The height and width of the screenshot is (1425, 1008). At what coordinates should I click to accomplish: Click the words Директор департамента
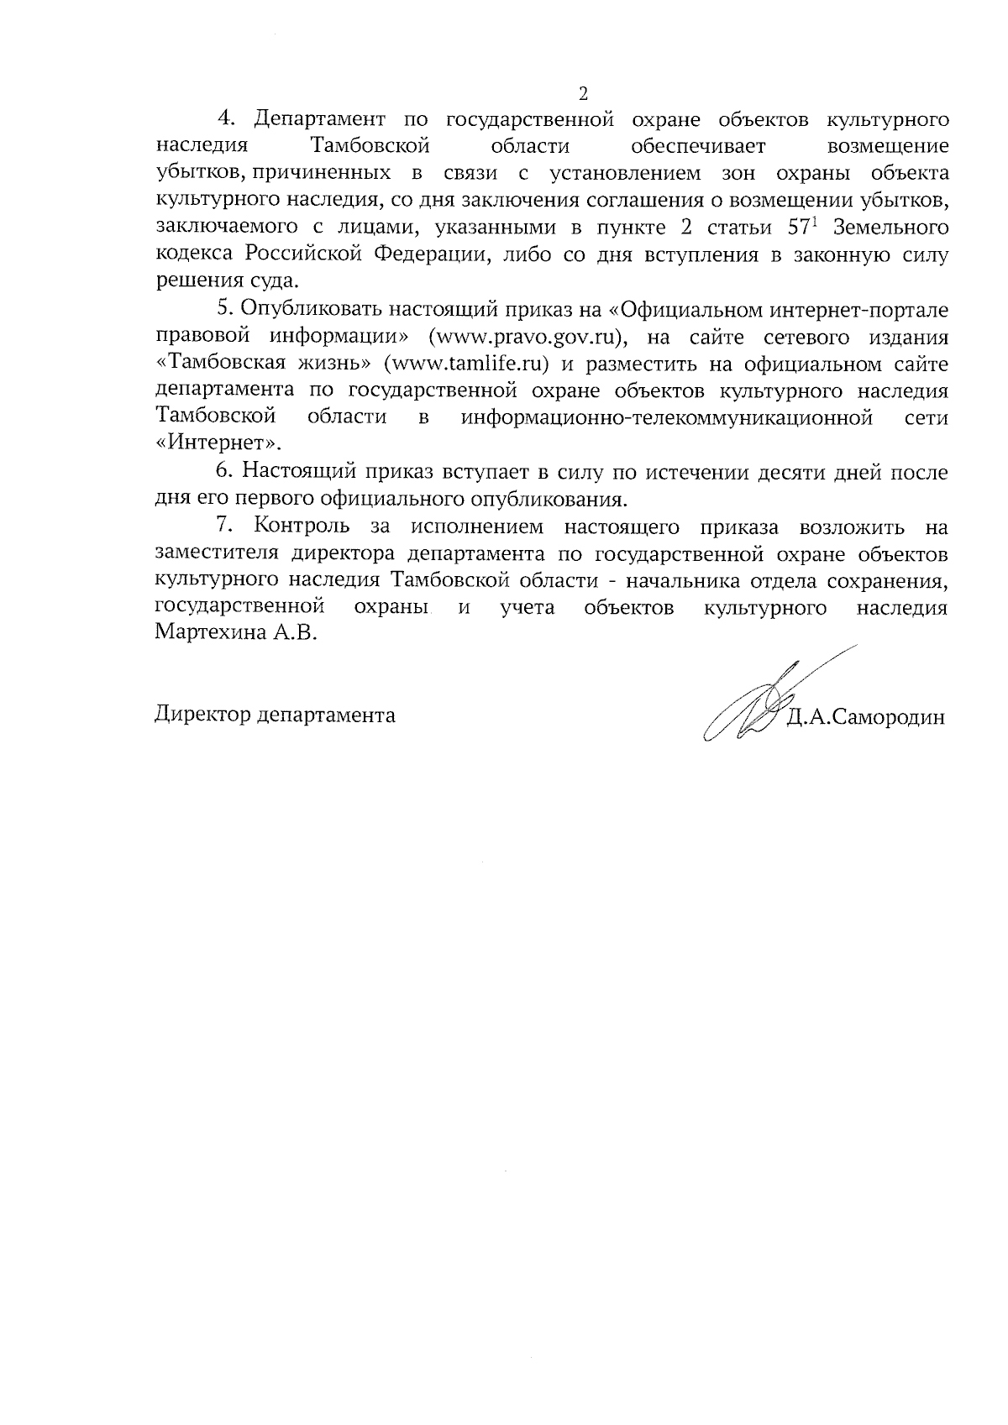pyautogui.click(x=276, y=715)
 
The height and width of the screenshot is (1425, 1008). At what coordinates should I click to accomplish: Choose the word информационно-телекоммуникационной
pyautogui.click(x=667, y=417)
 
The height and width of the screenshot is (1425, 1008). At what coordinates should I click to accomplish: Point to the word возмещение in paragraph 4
pyautogui.click(x=889, y=146)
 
